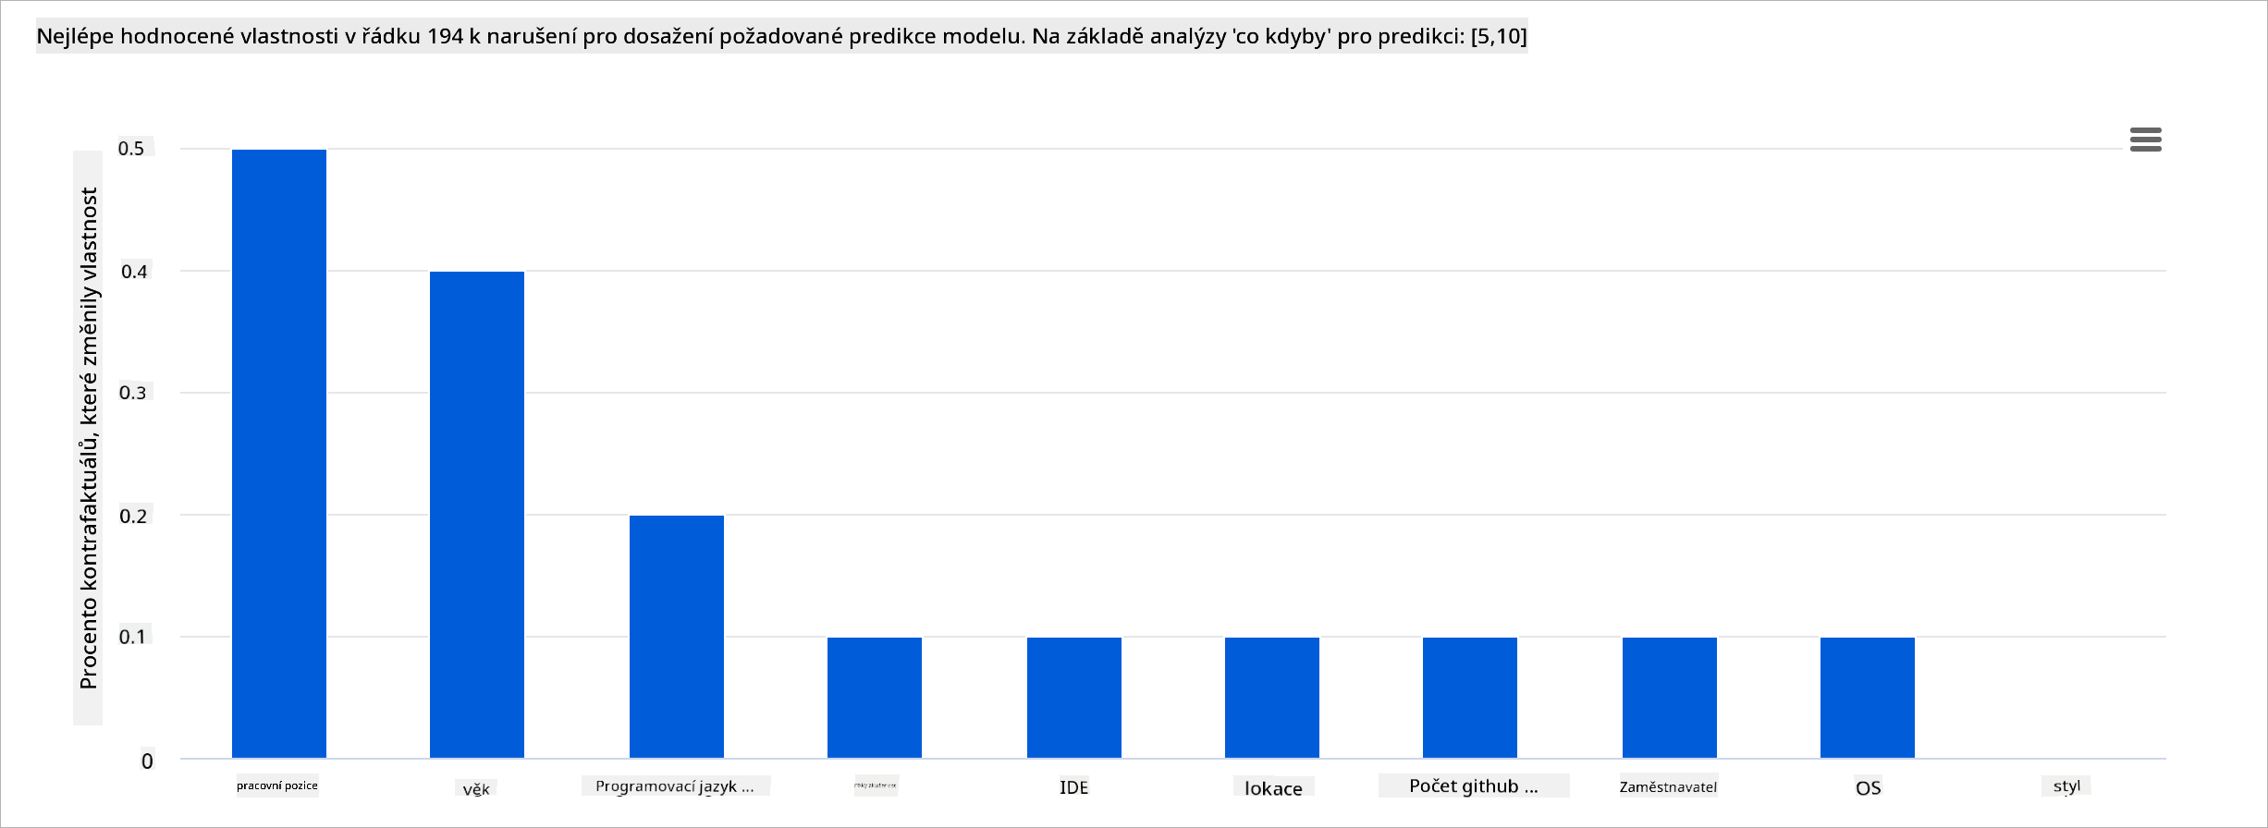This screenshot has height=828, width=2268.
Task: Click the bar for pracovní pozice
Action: coord(279,453)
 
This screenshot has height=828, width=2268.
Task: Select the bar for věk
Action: coord(477,514)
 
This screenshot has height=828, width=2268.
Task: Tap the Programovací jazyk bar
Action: coord(677,636)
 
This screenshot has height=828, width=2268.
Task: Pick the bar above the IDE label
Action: coord(1074,697)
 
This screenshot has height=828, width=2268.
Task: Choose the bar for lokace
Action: coord(1272,697)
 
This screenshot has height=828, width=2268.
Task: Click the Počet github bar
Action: coord(1470,697)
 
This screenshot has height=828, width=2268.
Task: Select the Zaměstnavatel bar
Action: coord(1670,697)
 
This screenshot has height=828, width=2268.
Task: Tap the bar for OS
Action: coord(1868,697)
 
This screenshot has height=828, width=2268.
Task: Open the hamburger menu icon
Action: coord(2145,140)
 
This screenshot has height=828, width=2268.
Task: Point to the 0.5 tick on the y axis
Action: coord(132,148)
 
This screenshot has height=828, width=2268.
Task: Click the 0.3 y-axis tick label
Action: coord(133,393)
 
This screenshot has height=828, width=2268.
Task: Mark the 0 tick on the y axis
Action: coord(147,761)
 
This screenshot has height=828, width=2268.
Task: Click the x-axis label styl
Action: coord(2066,786)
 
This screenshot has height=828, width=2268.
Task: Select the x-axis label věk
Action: coord(476,789)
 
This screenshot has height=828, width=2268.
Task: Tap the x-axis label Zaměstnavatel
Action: coord(1668,787)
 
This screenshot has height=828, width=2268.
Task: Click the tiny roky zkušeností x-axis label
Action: coord(875,785)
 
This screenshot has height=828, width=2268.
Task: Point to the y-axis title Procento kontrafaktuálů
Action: coord(89,438)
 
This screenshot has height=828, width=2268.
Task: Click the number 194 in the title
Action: coord(445,36)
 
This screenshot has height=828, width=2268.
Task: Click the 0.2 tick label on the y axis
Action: coord(133,516)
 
